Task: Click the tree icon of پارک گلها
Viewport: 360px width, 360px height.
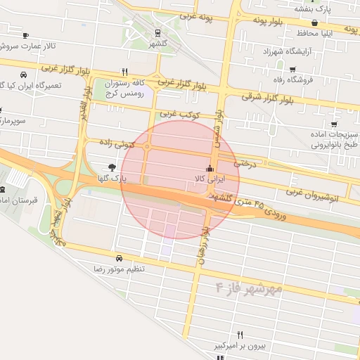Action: (x=112, y=167)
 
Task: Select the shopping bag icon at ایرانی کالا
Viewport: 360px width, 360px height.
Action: (x=209, y=168)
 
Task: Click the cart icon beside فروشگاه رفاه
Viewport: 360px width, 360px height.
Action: (x=292, y=69)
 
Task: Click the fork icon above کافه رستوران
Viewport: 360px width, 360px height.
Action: (x=124, y=71)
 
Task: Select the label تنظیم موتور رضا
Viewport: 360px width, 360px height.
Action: (x=120, y=269)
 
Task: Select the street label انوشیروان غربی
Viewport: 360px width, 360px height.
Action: (x=313, y=195)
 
